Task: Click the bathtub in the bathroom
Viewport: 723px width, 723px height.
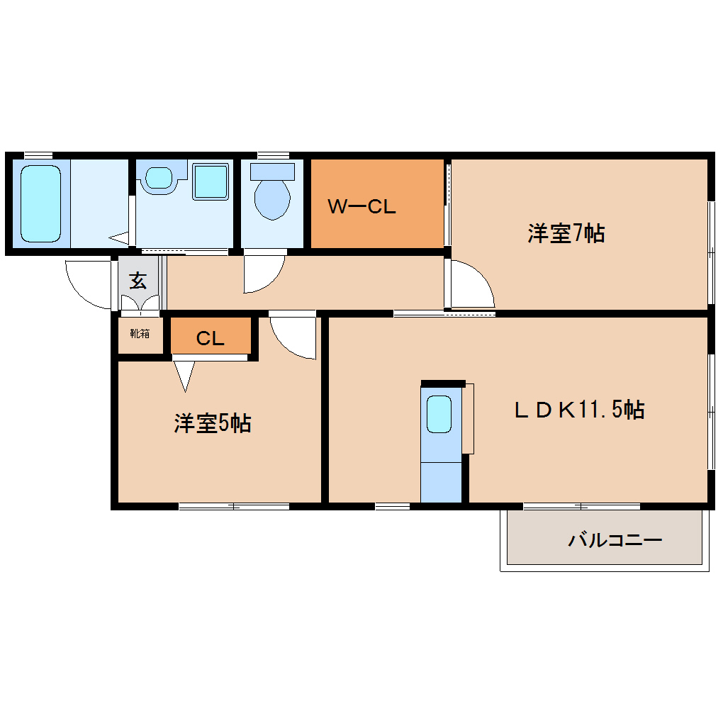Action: (40, 203)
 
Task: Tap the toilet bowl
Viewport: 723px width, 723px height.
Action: (272, 198)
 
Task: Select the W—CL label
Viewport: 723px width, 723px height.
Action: (361, 207)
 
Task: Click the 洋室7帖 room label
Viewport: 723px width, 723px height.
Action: (566, 233)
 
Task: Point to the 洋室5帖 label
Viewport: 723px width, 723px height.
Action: (213, 423)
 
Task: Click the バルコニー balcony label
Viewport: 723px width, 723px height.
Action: (615, 541)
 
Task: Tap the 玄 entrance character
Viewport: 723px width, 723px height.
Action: (138, 281)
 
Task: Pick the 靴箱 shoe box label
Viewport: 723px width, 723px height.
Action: (140, 332)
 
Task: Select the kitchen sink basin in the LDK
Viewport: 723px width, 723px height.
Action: (439, 413)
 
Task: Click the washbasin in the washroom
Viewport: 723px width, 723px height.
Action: (159, 177)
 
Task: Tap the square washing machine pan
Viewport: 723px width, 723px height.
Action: (211, 181)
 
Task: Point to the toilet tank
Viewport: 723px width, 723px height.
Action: (273, 170)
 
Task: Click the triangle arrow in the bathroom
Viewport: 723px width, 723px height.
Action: (119, 237)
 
